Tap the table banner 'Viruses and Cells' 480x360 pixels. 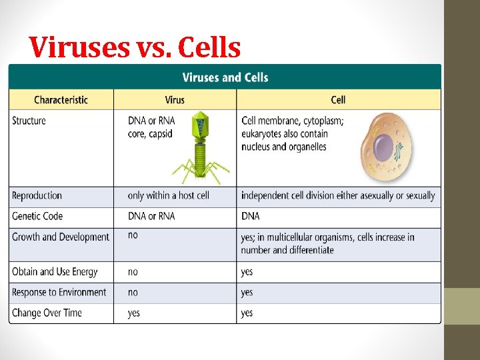click(x=225, y=77)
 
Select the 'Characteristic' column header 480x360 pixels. click(x=61, y=100)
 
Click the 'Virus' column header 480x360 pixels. click(x=175, y=100)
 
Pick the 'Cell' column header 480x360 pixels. click(x=338, y=100)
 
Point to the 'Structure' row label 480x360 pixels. click(x=29, y=121)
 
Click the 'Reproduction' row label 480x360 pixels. click(x=37, y=195)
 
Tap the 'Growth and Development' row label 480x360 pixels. click(x=61, y=237)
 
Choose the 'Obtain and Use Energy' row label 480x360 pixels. click(x=55, y=271)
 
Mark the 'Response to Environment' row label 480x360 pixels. click(x=59, y=292)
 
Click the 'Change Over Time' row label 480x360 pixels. click(x=47, y=313)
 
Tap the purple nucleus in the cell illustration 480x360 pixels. click(x=383, y=147)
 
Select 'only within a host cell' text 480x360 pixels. click(x=168, y=195)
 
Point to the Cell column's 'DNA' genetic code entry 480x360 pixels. click(x=250, y=216)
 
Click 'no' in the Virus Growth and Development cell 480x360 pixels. click(x=133, y=235)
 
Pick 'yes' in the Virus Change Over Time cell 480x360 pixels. click(x=133, y=313)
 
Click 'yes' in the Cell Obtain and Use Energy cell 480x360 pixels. click(x=247, y=271)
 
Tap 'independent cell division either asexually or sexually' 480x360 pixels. click(x=337, y=195)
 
